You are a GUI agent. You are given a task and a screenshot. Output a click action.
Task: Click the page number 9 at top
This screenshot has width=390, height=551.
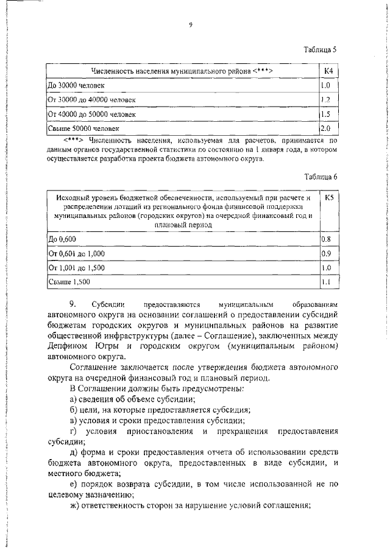191,24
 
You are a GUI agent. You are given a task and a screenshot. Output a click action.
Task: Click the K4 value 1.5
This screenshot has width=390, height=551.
325,114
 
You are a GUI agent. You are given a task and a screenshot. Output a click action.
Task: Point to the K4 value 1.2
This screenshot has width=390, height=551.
325,100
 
